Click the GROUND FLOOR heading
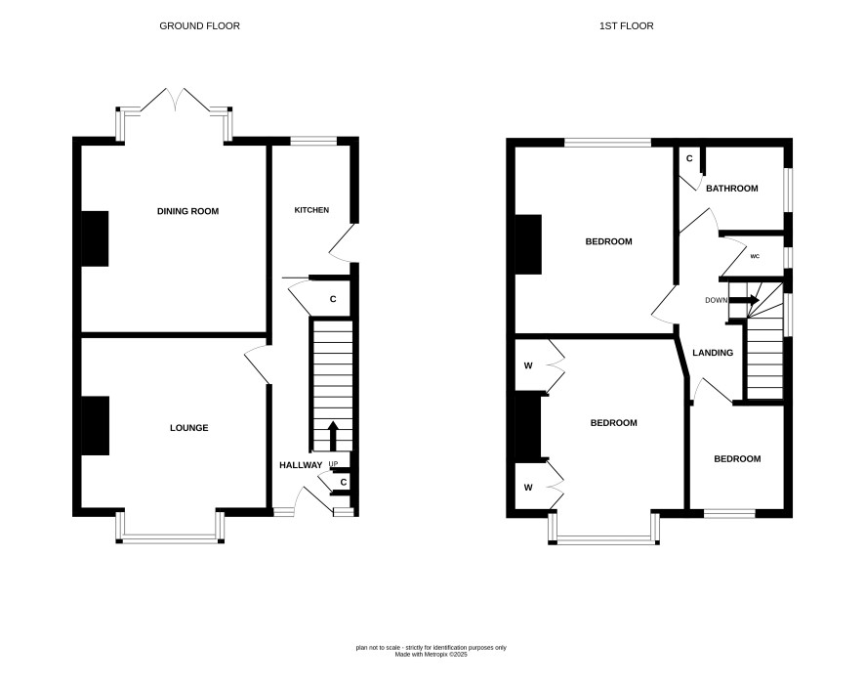(200, 26)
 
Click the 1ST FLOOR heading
(627, 26)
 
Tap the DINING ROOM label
(188, 211)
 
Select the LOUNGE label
(189, 428)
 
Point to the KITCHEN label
(311, 210)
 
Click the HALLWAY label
(301, 465)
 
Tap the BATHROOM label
(732, 189)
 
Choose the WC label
(756, 256)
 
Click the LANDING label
(713, 353)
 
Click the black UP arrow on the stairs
(333, 436)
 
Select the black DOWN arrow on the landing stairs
(744, 300)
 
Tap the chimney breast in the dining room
(95, 239)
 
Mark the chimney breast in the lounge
(96, 426)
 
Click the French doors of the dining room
(176, 100)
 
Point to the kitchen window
(313, 142)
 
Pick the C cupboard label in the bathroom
(689, 159)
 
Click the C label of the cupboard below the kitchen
(333, 299)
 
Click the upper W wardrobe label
(528, 365)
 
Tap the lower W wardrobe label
(528, 488)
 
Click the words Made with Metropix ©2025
(431, 654)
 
